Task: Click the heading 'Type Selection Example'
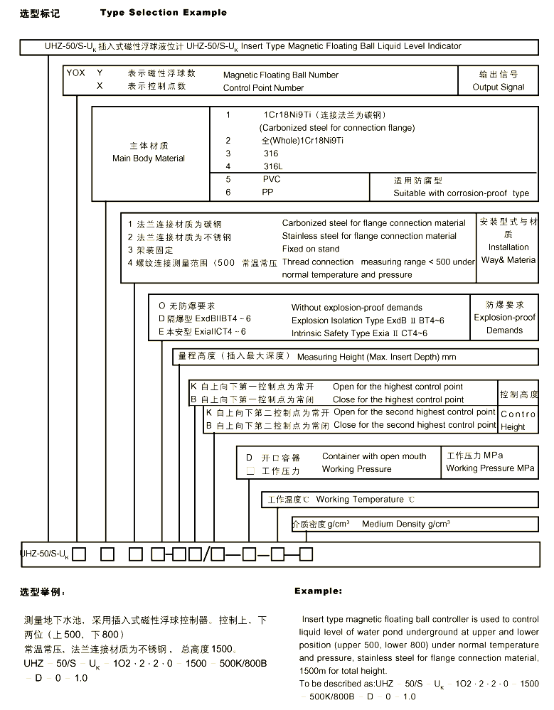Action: tap(164, 12)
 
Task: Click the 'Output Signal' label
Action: tap(498, 87)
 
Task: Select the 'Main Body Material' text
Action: tap(149, 158)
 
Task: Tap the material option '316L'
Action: tap(272, 166)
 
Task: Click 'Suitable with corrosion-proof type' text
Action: tap(461, 193)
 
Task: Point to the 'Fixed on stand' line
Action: tap(311, 249)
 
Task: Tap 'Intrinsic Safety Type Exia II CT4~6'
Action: tap(359, 333)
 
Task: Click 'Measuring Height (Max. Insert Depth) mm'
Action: tap(376, 357)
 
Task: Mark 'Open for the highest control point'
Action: tap(398, 387)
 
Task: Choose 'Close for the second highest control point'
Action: tap(414, 425)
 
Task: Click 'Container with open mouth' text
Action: tap(374, 456)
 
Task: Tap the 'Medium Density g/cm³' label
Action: tap(405, 525)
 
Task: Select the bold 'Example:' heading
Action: tap(318, 591)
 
